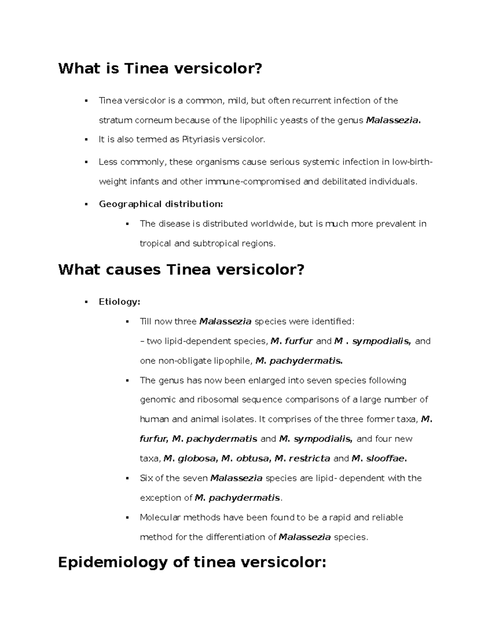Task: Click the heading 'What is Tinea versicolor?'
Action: (160, 68)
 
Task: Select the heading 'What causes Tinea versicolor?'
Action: (181, 270)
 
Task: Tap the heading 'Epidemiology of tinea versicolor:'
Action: (192, 562)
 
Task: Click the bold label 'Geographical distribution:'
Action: (161, 204)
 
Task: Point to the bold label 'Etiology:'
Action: (119, 302)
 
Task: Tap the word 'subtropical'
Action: (214, 243)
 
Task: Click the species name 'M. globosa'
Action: (189, 459)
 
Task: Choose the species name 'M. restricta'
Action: (302, 459)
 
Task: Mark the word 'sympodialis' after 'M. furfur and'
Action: (381, 341)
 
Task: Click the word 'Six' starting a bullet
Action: (146, 478)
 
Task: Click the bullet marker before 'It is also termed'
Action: (87, 140)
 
